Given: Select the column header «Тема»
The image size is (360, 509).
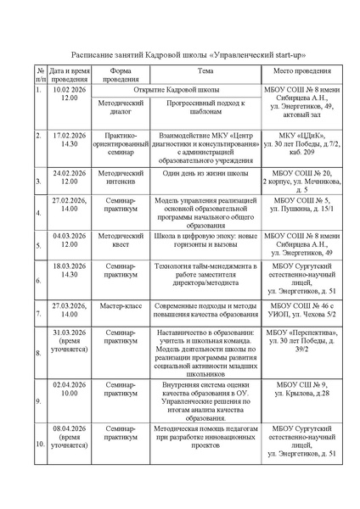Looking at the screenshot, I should (x=200, y=71).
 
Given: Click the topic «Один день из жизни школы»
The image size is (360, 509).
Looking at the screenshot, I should (x=200, y=173).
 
